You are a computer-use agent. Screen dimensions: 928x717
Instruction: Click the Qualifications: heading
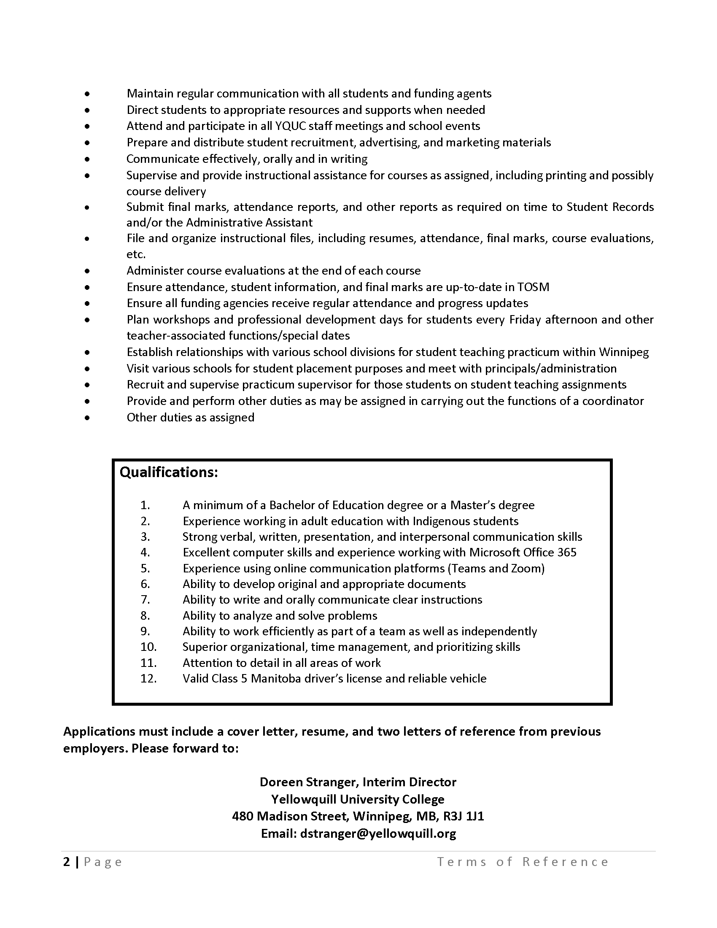[x=169, y=472]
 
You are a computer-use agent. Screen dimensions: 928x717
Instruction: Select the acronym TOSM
[x=533, y=287]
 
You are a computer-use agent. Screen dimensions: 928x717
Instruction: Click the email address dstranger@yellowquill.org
[x=378, y=834]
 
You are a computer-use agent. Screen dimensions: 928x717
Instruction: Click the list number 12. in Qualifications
[x=148, y=679]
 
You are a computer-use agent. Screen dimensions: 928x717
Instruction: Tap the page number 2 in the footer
[x=67, y=862]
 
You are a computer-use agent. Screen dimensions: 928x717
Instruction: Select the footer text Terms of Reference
[x=523, y=862]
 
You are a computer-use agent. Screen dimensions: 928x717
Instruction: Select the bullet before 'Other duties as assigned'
[x=87, y=418]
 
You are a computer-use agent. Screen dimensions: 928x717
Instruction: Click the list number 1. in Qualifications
[x=145, y=505]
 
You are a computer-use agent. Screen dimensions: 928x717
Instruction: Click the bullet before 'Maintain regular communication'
[x=87, y=94]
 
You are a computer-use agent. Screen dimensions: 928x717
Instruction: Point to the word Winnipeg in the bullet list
[x=623, y=352]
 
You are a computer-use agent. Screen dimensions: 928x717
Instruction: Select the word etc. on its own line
[x=136, y=254]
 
